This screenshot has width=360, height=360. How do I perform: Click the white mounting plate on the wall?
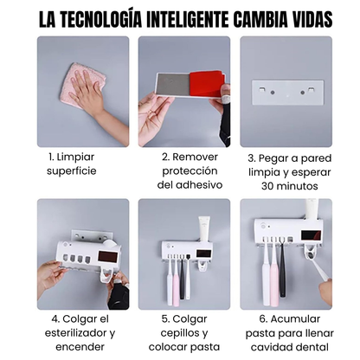[x=286, y=93]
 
